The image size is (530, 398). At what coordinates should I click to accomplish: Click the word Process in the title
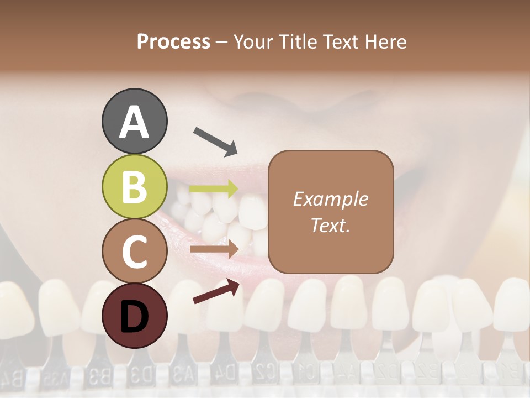(173, 42)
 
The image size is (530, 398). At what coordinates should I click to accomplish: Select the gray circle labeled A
(135, 121)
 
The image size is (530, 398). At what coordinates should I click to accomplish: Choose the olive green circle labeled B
(135, 186)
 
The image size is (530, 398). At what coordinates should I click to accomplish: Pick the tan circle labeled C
(135, 251)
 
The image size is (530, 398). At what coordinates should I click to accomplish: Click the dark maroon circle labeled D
(135, 316)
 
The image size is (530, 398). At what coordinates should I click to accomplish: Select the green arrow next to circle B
(214, 188)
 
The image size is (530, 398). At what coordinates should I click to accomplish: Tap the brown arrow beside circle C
(214, 249)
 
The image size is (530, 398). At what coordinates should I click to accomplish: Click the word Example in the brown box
(330, 199)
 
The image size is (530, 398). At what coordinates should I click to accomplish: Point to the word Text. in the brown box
(330, 225)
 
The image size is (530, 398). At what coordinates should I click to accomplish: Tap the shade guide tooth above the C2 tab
(266, 304)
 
